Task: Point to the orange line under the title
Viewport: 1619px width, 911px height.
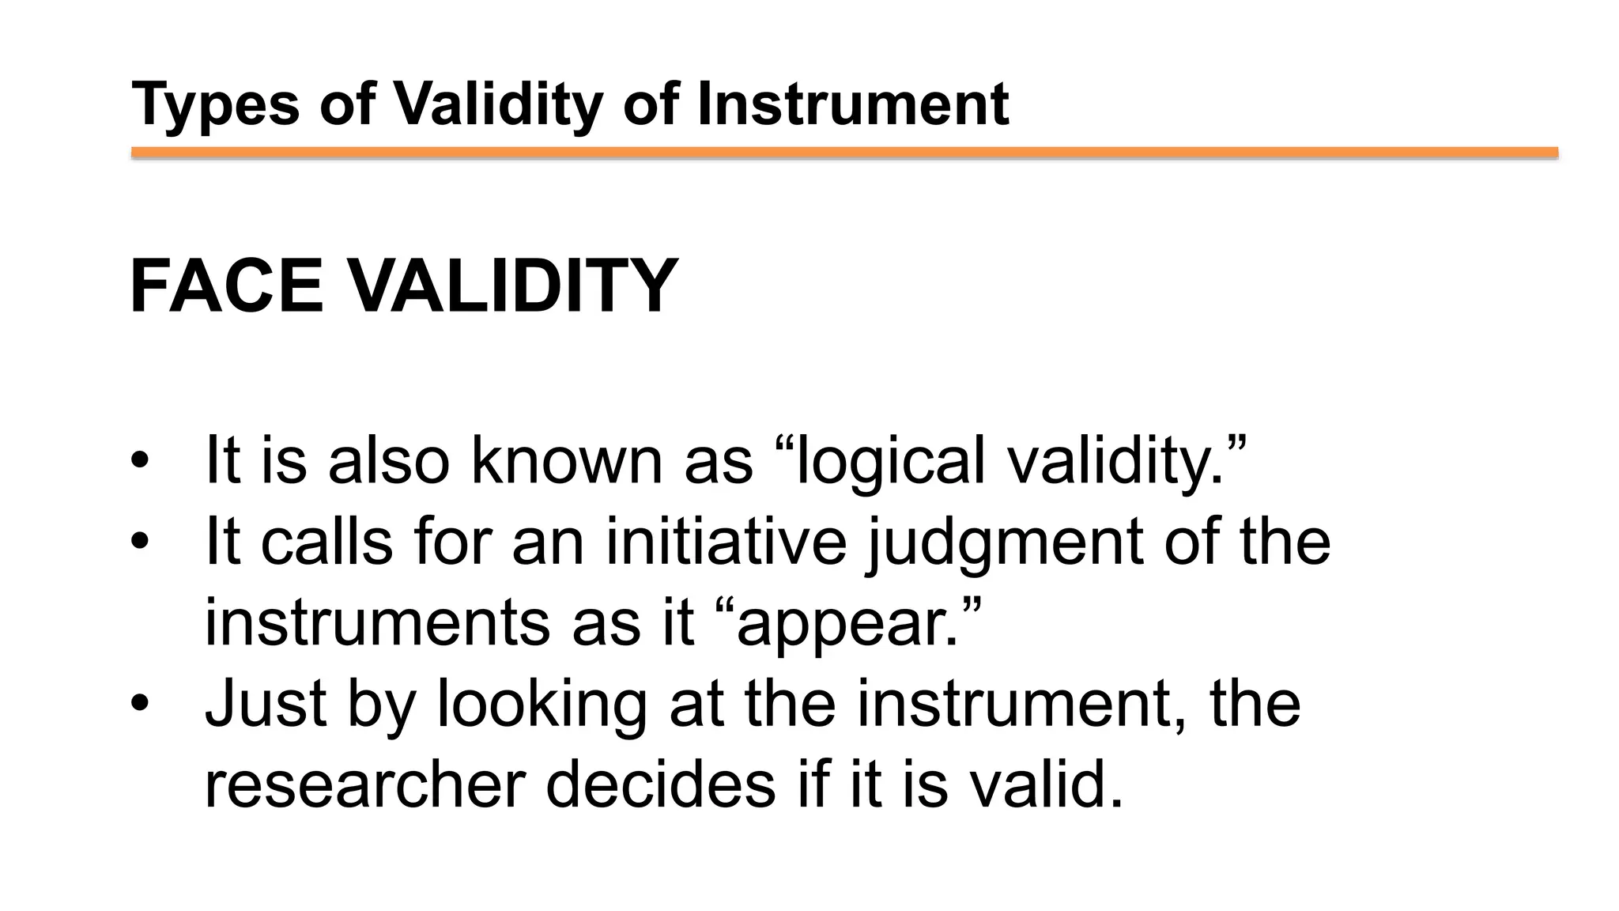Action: click(844, 153)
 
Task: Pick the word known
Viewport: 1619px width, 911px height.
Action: click(566, 460)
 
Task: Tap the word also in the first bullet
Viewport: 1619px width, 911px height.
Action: click(389, 460)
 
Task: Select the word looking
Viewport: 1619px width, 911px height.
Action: click(542, 705)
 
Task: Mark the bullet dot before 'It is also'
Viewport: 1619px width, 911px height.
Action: click(140, 461)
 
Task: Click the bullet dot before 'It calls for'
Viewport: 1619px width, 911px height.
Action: click(140, 542)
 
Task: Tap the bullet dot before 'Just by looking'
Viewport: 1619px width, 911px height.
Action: click(140, 704)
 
